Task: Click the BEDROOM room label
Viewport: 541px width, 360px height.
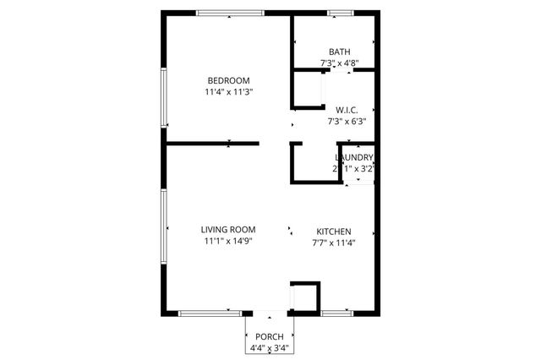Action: [x=228, y=80]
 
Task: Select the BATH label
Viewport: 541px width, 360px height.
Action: [x=339, y=52]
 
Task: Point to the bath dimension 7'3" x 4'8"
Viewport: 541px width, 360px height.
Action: [x=339, y=63]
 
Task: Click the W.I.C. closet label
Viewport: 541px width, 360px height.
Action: [x=347, y=110]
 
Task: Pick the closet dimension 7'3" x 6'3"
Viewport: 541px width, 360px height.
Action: [x=347, y=121]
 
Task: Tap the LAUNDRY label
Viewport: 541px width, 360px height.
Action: [x=354, y=157]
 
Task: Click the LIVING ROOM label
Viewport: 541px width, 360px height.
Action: [x=228, y=230]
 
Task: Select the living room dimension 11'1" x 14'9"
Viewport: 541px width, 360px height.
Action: [x=228, y=241]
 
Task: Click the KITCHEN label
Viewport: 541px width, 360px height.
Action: [x=334, y=232]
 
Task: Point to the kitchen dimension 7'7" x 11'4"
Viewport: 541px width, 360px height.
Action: [x=334, y=243]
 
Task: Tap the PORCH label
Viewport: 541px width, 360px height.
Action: [x=270, y=336]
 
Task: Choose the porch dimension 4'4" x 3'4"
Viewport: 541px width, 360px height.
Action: [x=270, y=347]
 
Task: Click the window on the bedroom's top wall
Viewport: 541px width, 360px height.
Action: [x=230, y=13]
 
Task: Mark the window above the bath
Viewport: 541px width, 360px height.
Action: [x=341, y=13]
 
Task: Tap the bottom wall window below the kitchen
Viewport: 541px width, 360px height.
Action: [x=337, y=313]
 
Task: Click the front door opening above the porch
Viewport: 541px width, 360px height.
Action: [x=270, y=313]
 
